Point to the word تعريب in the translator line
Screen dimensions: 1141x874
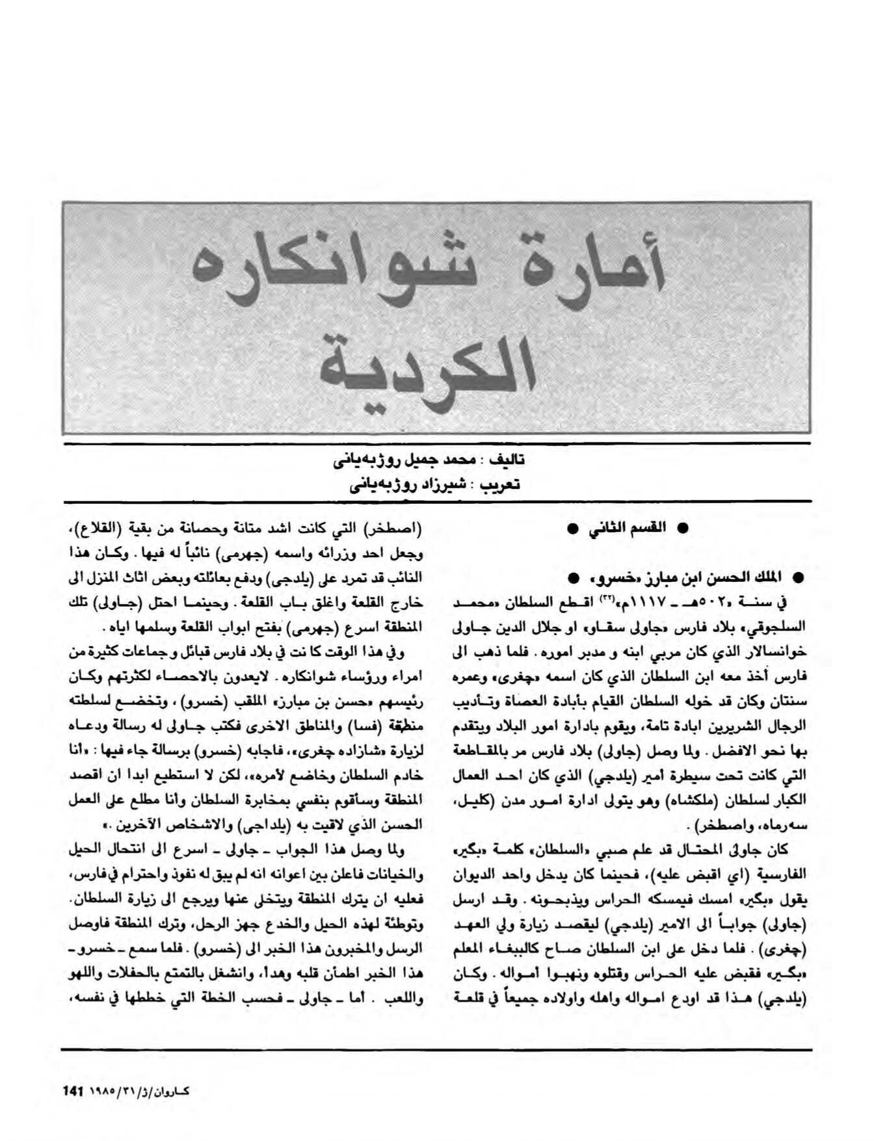tap(504, 484)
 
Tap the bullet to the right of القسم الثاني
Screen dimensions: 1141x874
tap(683, 529)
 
